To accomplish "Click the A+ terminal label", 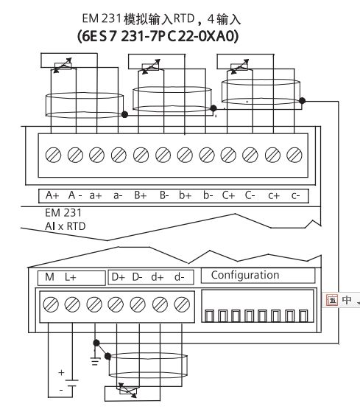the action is [52, 195].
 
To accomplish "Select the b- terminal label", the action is [208, 195].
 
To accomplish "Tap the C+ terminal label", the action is [228, 195].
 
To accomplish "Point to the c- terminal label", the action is [295, 195].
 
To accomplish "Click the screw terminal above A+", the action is [53, 155].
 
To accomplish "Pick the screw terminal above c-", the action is [294, 155].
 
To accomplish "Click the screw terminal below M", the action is [51, 304].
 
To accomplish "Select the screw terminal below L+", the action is [72, 304].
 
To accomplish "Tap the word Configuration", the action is [245, 275].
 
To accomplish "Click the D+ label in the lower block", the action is [119, 277].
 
